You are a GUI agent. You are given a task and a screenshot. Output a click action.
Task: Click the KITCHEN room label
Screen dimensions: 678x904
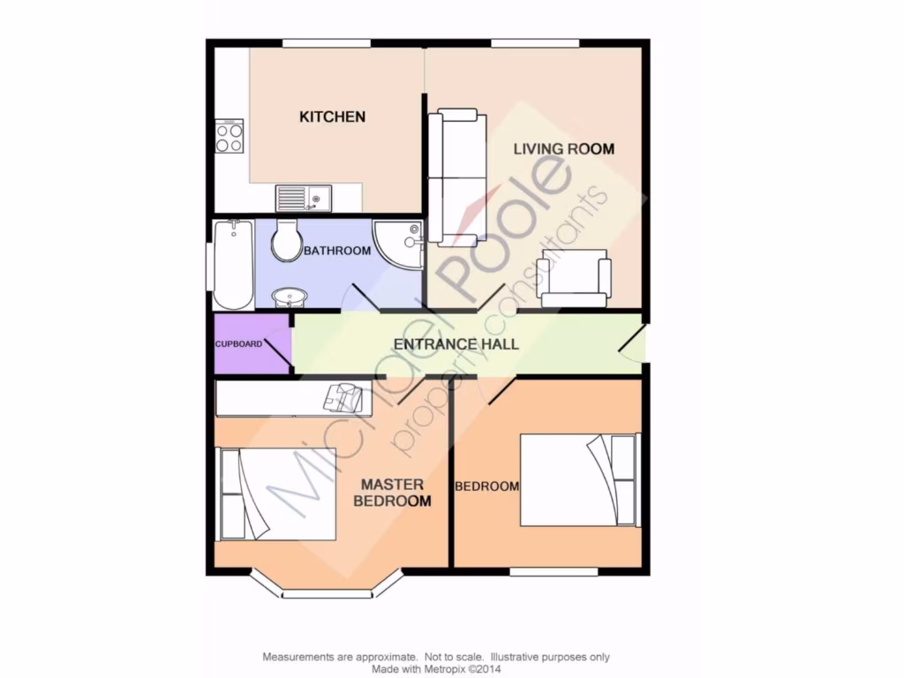point(332,117)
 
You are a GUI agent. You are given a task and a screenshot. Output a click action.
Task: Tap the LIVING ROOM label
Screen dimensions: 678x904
point(564,148)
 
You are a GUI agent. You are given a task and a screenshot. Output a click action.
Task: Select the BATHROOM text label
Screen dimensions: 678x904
point(337,252)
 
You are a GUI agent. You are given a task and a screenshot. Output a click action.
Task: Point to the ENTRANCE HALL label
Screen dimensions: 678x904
point(456,343)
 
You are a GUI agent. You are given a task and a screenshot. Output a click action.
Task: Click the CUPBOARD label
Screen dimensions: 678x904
point(238,343)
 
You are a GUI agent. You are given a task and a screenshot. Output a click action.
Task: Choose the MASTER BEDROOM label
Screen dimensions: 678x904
point(392,493)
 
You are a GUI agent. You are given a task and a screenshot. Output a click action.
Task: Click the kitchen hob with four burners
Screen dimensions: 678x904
point(230,137)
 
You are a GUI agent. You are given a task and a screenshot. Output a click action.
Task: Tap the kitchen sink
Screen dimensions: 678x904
point(302,199)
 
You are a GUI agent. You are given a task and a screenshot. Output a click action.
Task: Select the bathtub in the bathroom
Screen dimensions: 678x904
point(233,264)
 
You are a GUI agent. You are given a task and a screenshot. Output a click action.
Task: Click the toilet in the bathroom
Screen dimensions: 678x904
point(287,239)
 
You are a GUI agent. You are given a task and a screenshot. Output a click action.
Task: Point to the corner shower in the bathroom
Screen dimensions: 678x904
point(400,244)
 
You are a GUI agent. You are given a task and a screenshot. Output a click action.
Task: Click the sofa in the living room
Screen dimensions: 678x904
point(456,177)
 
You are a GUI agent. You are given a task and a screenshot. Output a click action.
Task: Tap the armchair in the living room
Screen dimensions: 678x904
point(575,277)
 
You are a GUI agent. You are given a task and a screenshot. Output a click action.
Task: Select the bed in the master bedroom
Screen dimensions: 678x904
point(276,493)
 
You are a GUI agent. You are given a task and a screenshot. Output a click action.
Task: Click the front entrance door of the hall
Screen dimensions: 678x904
point(633,344)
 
